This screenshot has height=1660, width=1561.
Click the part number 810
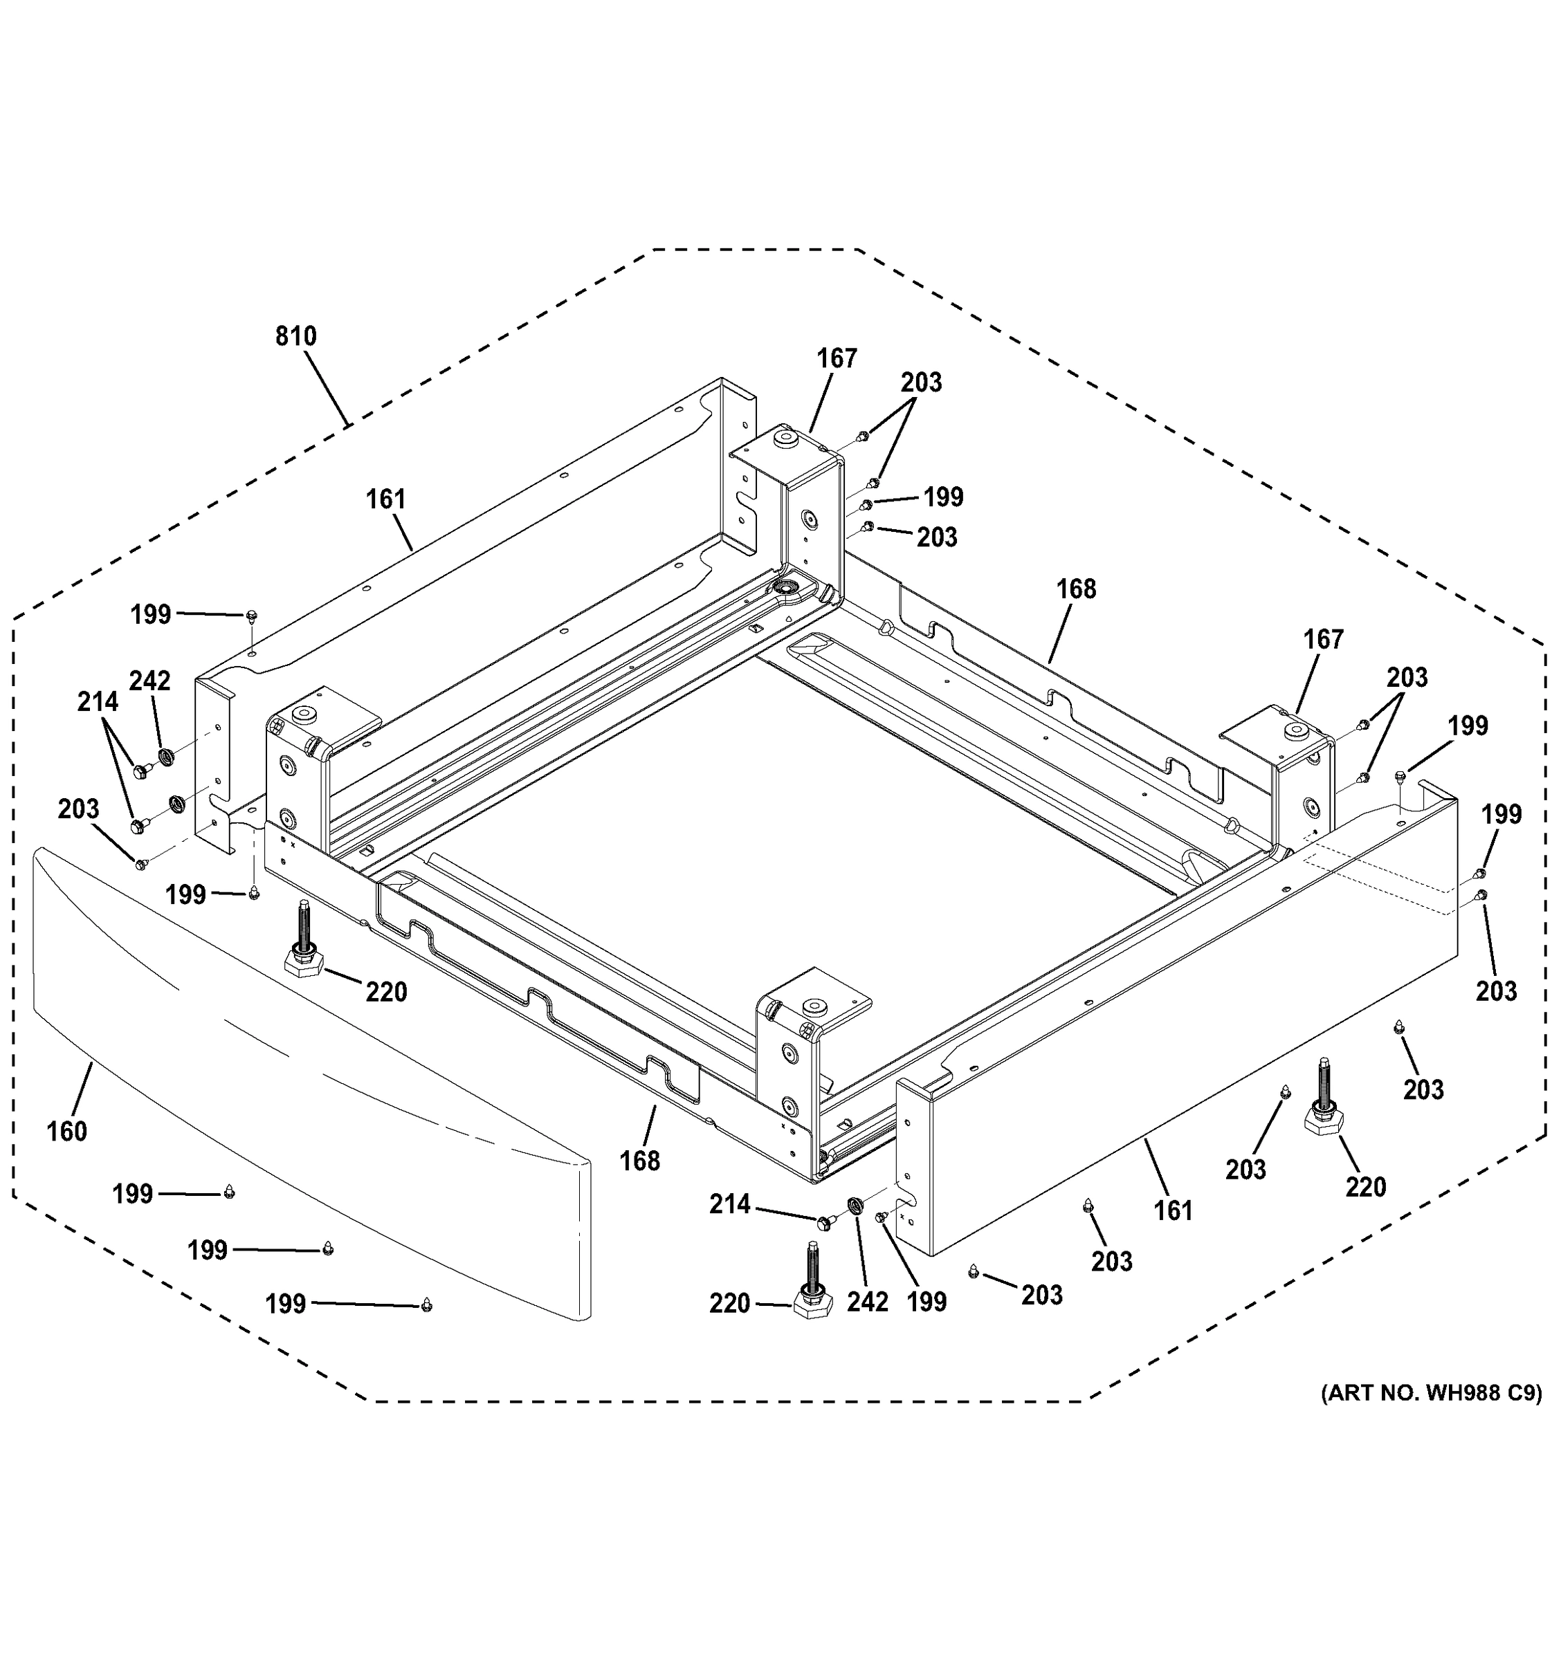click(x=295, y=337)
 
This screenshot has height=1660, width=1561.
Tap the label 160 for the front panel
click(x=67, y=1132)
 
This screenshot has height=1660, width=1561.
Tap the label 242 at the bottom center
click(x=868, y=1302)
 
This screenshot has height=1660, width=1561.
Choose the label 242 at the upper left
click(x=149, y=681)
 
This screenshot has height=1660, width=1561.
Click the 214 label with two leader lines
click(x=98, y=702)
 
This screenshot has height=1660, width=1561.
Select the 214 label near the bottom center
click(x=730, y=1204)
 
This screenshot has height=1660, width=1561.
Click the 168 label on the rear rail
click(x=1076, y=589)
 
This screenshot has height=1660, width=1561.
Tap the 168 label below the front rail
click(x=640, y=1161)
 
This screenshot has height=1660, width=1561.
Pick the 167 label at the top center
click(x=837, y=358)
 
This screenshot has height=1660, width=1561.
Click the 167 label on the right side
click(x=1324, y=640)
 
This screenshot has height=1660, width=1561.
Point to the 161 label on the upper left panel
click(x=386, y=499)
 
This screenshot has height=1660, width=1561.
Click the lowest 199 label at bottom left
click(x=286, y=1304)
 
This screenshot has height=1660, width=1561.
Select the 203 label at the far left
click(x=78, y=809)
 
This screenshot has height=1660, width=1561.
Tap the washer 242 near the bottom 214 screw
click(x=855, y=1206)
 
